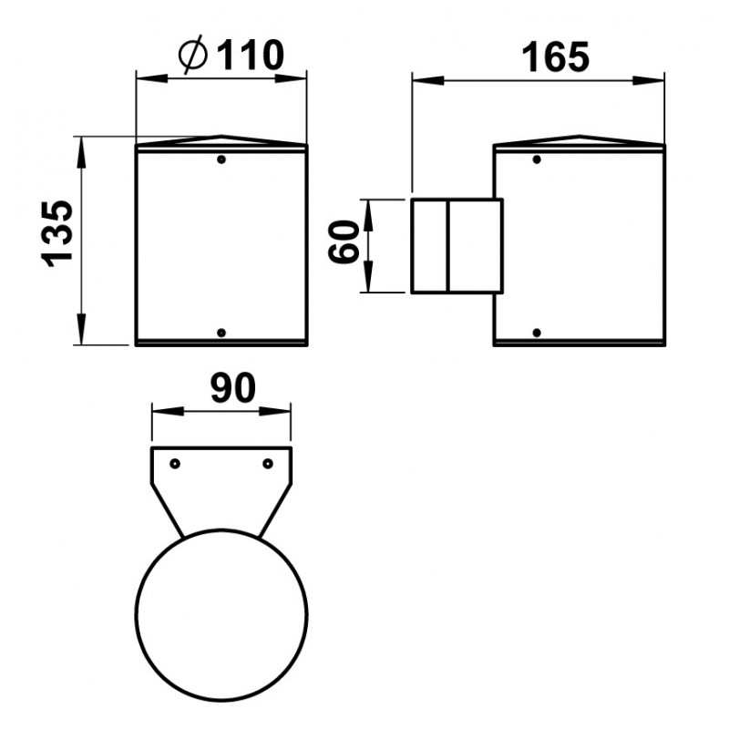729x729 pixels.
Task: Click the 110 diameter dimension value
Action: [x=250, y=56]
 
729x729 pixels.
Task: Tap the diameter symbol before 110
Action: [x=192, y=55]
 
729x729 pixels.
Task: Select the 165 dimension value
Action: [x=555, y=57]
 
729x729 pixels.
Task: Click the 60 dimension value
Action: [x=344, y=241]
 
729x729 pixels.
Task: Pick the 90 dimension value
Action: [x=233, y=388]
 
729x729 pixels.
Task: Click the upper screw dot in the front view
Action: [x=221, y=159]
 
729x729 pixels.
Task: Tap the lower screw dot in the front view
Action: [x=221, y=333]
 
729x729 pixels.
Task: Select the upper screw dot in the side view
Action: [x=537, y=159]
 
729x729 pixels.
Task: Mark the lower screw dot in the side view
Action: [x=537, y=333]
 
